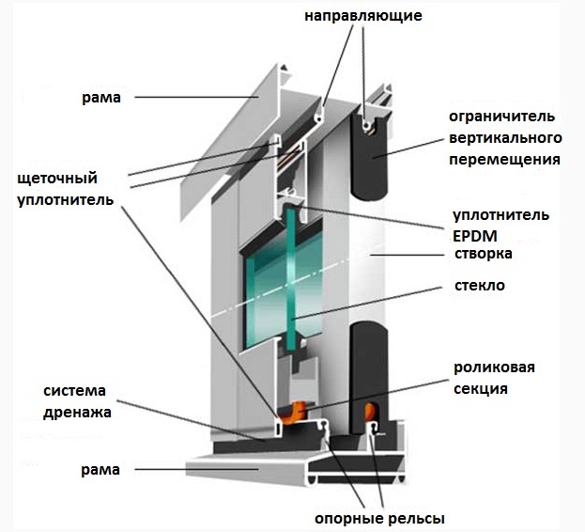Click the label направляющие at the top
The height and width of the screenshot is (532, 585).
point(363,16)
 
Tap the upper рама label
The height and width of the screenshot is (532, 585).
point(101,98)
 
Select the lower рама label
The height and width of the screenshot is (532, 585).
point(100,470)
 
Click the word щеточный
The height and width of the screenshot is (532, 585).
point(57,179)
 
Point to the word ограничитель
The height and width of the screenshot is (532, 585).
point(501,117)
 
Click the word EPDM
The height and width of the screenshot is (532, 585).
point(475,236)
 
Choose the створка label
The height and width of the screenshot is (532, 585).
point(484,254)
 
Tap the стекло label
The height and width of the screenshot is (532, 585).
point(480,286)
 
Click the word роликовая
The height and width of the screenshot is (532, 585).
point(494,368)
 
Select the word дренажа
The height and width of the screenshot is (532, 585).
point(77,413)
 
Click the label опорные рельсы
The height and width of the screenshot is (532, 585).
point(379,519)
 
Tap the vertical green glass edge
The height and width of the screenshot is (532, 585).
point(291,280)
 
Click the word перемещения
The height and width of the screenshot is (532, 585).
point(504,160)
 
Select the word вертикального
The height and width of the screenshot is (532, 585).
point(505,138)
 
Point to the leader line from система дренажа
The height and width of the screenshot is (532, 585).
point(192,421)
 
